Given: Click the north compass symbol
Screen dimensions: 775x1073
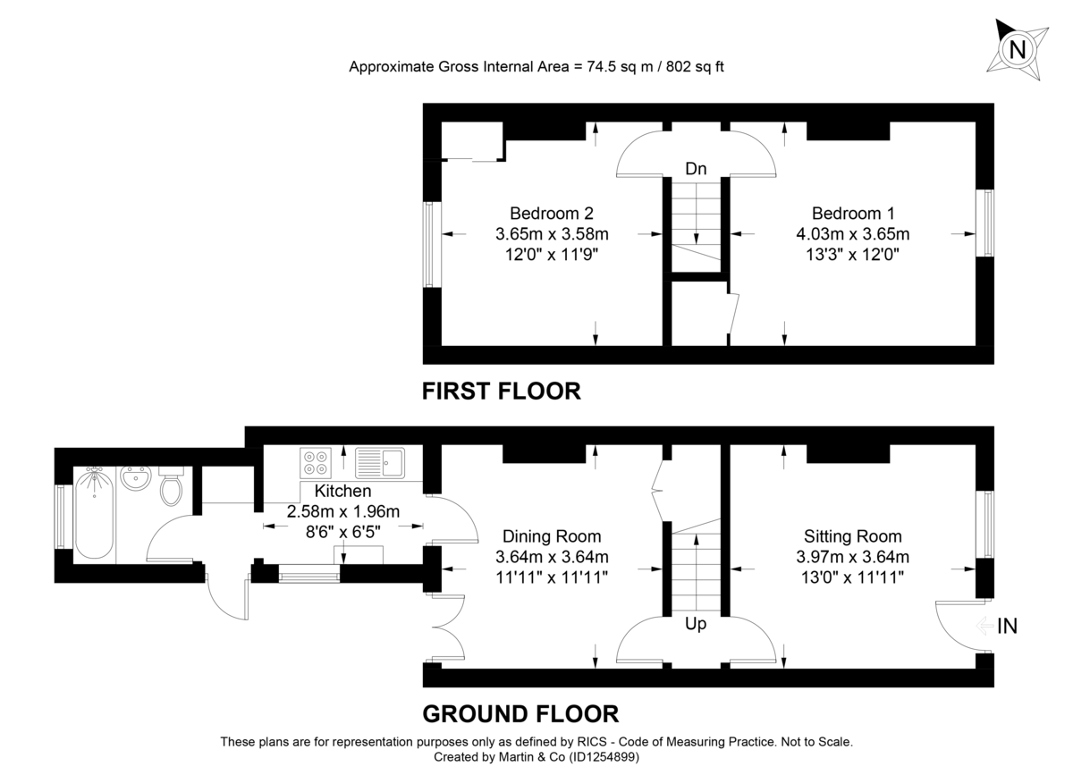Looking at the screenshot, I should pyautogui.click(x=1017, y=49).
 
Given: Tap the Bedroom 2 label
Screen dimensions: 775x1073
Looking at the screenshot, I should pyautogui.click(x=552, y=214).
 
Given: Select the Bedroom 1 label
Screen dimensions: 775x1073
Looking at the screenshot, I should pyautogui.click(x=853, y=214).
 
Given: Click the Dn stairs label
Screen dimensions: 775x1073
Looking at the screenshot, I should pyautogui.click(x=696, y=169).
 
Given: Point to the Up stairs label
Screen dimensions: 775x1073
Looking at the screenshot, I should pyautogui.click(x=696, y=624).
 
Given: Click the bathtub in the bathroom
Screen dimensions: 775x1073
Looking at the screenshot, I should pyautogui.click(x=93, y=515).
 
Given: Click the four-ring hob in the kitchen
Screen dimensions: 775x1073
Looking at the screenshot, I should pyautogui.click(x=316, y=461).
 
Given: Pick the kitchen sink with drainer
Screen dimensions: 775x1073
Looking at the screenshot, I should pyautogui.click(x=380, y=462).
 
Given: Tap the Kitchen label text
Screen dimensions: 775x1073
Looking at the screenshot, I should pyautogui.click(x=342, y=491).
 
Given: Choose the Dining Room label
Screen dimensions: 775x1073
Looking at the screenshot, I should pyautogui.click(x=552, y=536).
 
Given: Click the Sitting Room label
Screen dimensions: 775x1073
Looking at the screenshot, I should pyautogui.click(x=853, y=536).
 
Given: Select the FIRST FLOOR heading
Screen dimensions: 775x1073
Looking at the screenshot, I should pyautogui.click(x=502, y=391).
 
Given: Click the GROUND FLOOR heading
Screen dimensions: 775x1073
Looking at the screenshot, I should pyautogui.click(x=520, y=713).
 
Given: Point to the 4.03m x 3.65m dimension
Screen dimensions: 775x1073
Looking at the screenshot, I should pyautogui.click(x=853, y=234).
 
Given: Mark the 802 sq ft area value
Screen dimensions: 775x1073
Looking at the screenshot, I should pyautogui.click(x=689, y=67).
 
